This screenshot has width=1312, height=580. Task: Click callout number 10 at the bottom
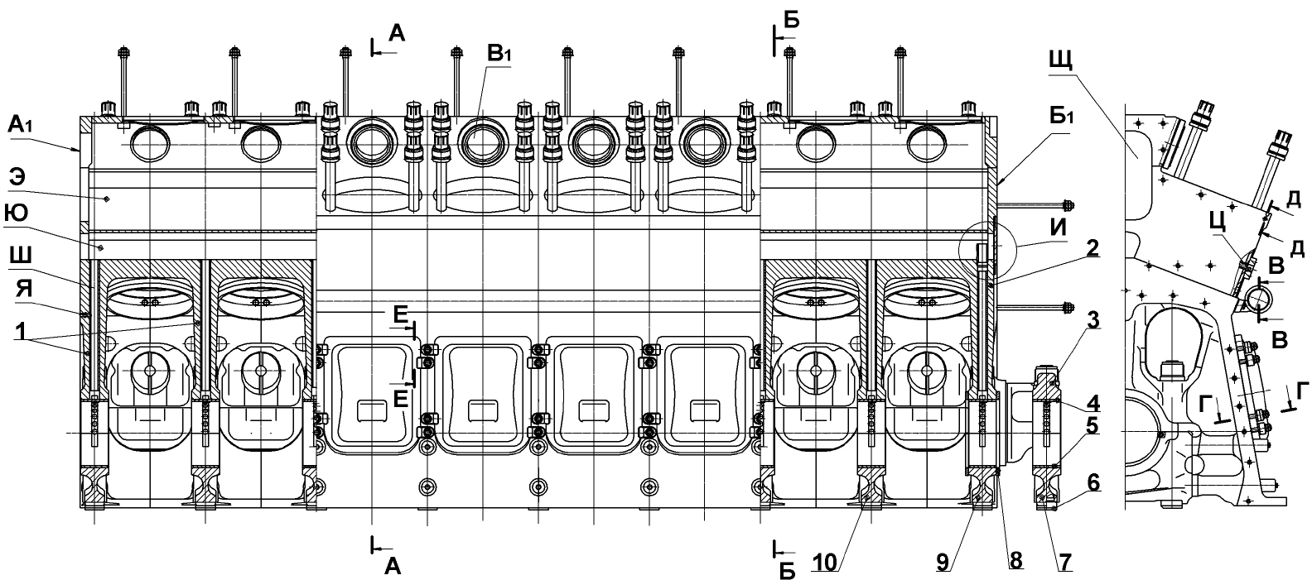[x=825, y=563]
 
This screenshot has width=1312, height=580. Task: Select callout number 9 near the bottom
[x=943, y=562]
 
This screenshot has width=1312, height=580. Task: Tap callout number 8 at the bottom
[x=1016, y=561]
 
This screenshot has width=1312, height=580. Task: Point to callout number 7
[x=1065, y=562]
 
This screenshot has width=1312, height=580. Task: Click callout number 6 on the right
[x=1093, y=483]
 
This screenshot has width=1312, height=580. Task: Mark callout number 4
[x=1093, y=403]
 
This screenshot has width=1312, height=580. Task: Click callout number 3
[x=1093, y=319]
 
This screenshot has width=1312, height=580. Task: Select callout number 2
[x=1092, y=248]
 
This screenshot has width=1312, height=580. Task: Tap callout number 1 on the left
[x=21, y=332]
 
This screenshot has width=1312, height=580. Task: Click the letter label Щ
[x=1061, y=59]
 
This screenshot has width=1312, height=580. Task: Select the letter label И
[x=1058, y=228]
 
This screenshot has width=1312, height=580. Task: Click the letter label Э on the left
[x=17, y=177]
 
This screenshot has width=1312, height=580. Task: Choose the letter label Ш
[x=21, y=256]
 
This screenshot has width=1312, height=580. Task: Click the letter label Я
[x=23, y=289]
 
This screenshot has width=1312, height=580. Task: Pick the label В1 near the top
[x=499, y=54]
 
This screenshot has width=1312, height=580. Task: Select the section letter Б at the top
[x=791, y=20]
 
